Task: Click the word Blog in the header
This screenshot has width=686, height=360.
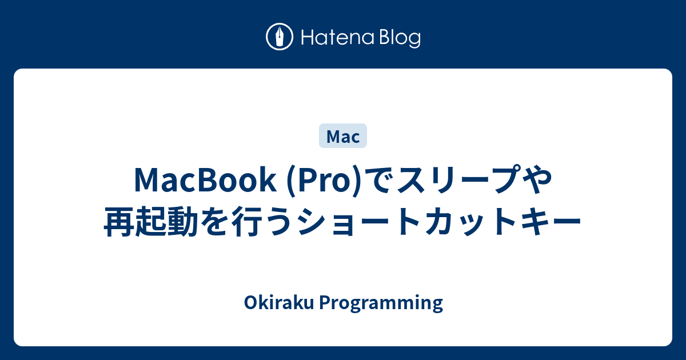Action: click(398, 38)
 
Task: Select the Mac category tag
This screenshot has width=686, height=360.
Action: click(343, 137)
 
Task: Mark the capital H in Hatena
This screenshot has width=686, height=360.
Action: click(305, 38)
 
